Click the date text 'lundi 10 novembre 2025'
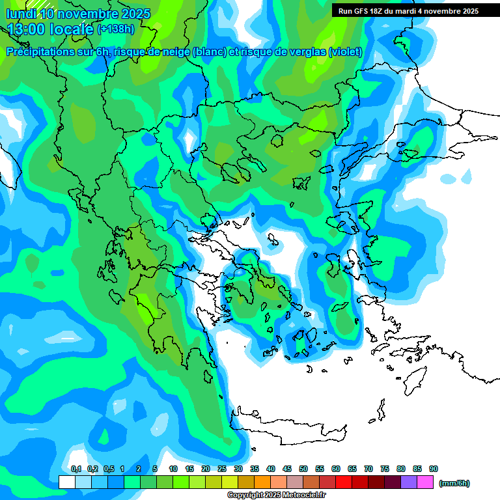click(78, 14)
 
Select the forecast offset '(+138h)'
click(117, 29)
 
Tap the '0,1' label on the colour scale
click(76, 469)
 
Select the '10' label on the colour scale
click(173, 469)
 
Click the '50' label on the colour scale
click(303, 469)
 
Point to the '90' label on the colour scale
click(434, 469)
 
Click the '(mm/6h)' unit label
click(454, 483)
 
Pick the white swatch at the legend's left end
click(67, 482)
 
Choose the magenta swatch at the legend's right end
click(426, 482)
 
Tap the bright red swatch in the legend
click(344, 482)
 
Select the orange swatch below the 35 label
click(262, 482)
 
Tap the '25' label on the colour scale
click(222, 469)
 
